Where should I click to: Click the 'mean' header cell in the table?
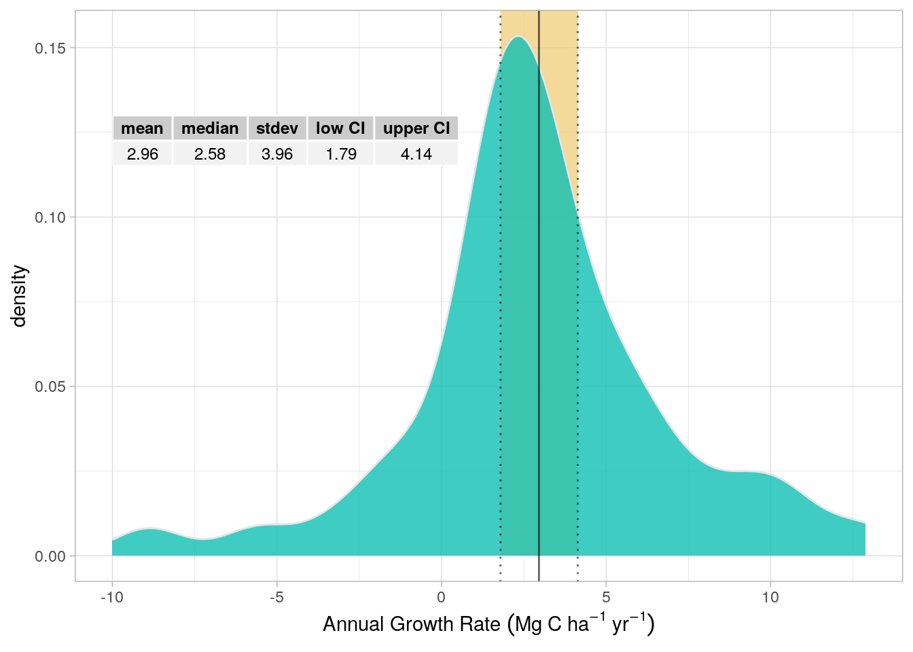pyautogui.click(x=142, y=128)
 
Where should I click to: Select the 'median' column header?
pyautogui.click(x=210, y=128)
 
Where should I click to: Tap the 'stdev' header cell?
pyautogui.click(x=277, y=128)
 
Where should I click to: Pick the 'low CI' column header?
pyautogui.click(x=340, y=128)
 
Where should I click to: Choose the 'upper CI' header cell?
pyautogui.click(x=416, y=128)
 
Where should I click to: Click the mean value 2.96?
pyautogui.click(x=142, y=154)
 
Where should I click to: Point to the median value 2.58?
pyautogui.click(x=210, y=154)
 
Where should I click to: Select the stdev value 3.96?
pyautogui.click(x=277, y=154)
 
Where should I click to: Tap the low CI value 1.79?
pyautogui.click(x=340, y=154)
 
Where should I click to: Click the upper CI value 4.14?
pyautogui.click(x=416, y=154)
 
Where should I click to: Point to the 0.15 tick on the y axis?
pyautogui.click(x=50, y=48)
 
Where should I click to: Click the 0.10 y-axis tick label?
pyautogui.click(x=50, y=217)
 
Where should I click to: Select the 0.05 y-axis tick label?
pyautogui.click(x=50, y=386)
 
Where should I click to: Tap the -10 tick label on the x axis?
pyautogui.click(x=112, y=598)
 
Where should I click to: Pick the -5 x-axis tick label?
pyautogui.click(x=276, y=598)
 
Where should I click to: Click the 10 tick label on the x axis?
pyautogui.click(x=770, y=598)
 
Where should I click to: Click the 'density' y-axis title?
pyautogui.click(x=19, y=296)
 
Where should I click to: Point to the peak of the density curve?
pyautogui.click(x=518, y=37)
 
